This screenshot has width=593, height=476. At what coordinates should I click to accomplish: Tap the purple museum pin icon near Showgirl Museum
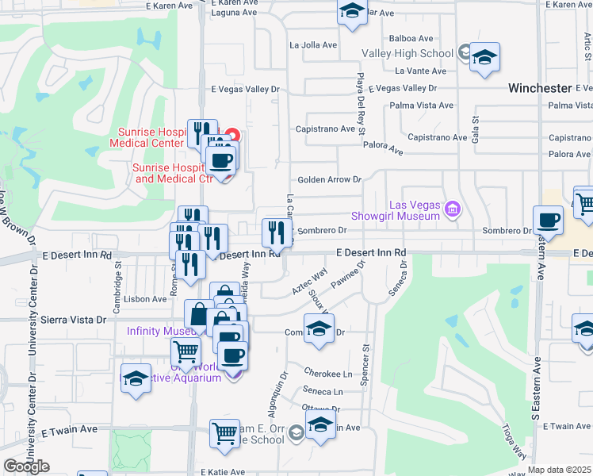point(453,209)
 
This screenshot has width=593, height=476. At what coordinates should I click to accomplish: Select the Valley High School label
point(407,54)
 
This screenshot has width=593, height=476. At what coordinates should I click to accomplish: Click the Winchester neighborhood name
point(540,88)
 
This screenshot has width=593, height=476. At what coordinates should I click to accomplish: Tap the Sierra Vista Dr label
point(78,320)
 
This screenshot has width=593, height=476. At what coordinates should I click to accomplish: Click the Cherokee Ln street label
point(327,372)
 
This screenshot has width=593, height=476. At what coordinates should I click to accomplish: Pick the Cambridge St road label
point(117,280)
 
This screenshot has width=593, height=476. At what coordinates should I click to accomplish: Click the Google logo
point(26,466)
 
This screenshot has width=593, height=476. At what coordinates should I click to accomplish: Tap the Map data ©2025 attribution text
point(560,470)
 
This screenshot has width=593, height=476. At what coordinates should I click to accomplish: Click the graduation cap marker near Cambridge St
point(136,378)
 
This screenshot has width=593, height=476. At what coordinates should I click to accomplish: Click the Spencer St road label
point(366,364)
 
